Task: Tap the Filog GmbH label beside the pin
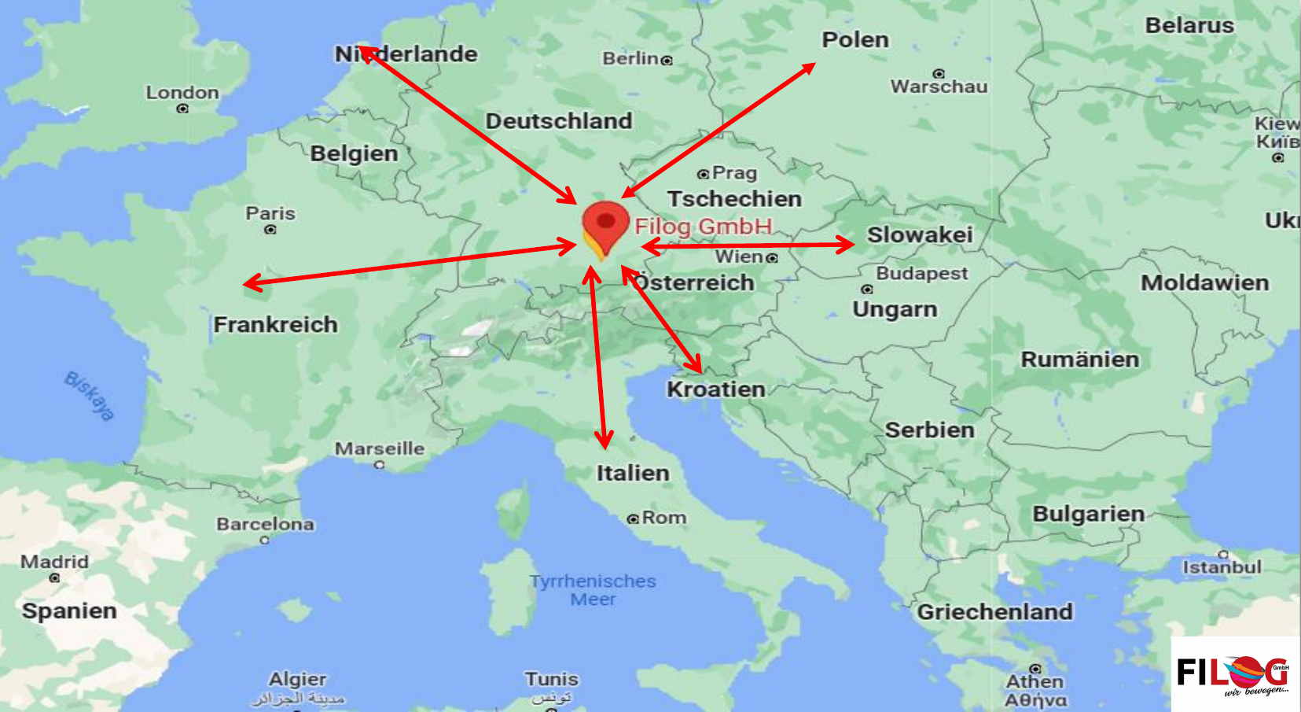tap(703, 227)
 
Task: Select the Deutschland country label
tap(558, 121)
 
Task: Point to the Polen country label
tap(854, 40)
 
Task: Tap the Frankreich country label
tap(275, 324)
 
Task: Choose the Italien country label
tap(632, 473)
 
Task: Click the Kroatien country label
tap(715, 389)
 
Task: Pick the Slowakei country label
tap(919, 234)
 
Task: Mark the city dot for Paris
tap(270, 230)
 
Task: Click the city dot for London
tap(182, 109)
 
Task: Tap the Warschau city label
tap(939, 87)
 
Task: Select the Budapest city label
tap(921, 273)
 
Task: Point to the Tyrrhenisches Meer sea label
tap(593, 590)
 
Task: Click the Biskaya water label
tap(90, 396)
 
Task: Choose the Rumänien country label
tap(1079, 360)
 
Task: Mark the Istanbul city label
tap(1222, 567)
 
